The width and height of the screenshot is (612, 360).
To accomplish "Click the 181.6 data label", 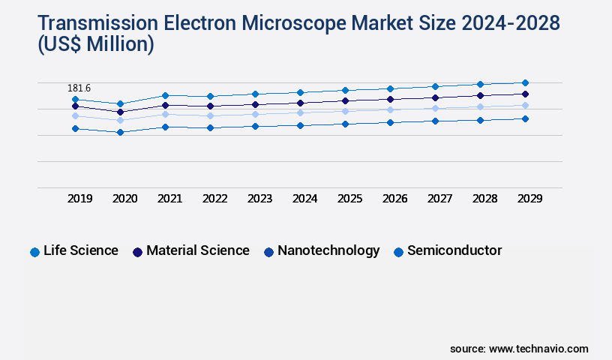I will [79, 88].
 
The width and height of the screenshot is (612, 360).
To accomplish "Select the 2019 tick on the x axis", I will [80, 199].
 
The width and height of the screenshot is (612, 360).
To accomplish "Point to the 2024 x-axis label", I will [305, 199].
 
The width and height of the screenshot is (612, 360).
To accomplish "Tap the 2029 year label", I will [529, 199].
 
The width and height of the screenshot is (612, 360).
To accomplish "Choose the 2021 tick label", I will [169, 199].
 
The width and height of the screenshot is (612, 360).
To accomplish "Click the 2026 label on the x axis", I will [395, 199].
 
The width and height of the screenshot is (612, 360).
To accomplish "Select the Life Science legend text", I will [81, 250].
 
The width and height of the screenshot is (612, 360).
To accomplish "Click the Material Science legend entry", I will [198, 250].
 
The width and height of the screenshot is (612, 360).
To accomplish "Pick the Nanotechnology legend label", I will [328, 250].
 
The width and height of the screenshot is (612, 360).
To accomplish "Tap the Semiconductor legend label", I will [454, 250].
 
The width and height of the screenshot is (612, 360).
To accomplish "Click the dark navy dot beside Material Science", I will [137, 252].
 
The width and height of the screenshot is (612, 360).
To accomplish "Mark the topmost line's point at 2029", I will [525, 82].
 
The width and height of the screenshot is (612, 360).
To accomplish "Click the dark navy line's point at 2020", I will [120, 112].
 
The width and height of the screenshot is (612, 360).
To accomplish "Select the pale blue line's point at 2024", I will [300, 112].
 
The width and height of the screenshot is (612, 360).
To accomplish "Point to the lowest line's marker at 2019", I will [75, 129].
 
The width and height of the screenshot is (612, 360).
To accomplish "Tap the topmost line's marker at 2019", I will [75, 99].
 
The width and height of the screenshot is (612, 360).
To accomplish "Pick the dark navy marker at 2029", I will [525, 94].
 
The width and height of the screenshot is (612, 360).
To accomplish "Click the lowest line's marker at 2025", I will [345, 124].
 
